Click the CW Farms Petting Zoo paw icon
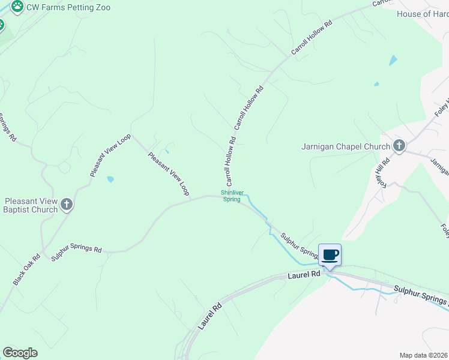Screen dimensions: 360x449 (17, 7)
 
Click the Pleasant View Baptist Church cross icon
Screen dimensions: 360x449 (67, 205)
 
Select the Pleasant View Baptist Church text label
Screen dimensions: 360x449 (31, 205)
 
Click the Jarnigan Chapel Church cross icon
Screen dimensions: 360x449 (399, 146)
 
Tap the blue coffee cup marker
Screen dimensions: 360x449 (330, 256)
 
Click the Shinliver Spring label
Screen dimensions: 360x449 (232, 196)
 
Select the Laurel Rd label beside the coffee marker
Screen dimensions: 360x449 (304, 275)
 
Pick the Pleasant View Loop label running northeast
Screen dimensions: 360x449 (110, 155)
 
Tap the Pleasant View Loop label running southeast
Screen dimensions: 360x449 (169, 174)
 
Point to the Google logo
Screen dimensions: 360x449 (20, 353)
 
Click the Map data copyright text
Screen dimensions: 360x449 (423, 355)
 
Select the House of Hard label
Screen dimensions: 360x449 (423, 14)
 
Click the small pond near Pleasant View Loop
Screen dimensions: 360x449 (110, 179)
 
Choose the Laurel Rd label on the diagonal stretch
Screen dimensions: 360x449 (210, 316)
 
